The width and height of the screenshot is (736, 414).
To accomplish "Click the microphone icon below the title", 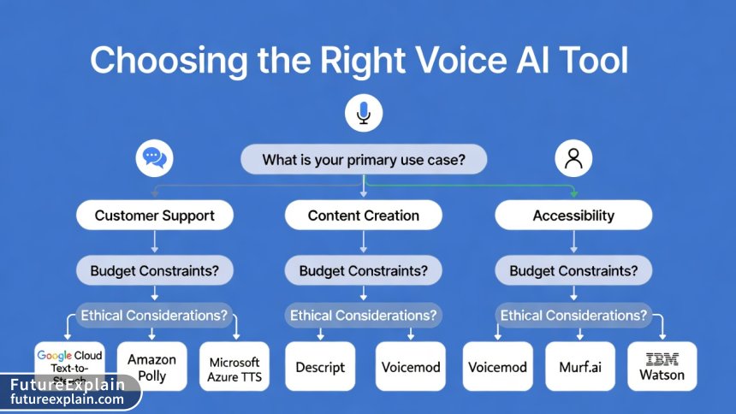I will (x=364, y=113).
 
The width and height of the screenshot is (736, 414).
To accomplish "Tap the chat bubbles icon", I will (x=154, y=157).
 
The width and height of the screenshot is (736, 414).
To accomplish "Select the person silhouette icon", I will (x=573, y=157).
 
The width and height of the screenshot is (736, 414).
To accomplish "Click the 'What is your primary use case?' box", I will (x=364, y=160).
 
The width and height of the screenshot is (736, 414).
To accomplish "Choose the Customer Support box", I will (x=154, y=216).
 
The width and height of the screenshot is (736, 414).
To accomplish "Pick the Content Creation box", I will (x=364, y=216).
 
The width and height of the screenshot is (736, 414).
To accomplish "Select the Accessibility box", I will (x=573, y=216).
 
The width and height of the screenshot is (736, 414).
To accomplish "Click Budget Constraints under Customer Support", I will (x=154, y=271).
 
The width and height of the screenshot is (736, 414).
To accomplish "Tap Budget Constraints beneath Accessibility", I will (x=573, y=271).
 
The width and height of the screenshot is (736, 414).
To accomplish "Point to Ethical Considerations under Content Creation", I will (x=364, y=316).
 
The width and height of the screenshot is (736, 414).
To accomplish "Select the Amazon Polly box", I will (x=151, y=366).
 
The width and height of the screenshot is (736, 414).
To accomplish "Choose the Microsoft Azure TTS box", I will (x=234, y=366).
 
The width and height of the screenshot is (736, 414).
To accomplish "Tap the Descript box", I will (x=319, y=367).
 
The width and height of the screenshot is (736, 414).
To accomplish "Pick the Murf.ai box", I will (x=580, y=367).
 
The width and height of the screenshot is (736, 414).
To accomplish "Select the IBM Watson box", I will (x=662, y=367).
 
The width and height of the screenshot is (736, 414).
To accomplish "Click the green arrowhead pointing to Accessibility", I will (x=574, y=192).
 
